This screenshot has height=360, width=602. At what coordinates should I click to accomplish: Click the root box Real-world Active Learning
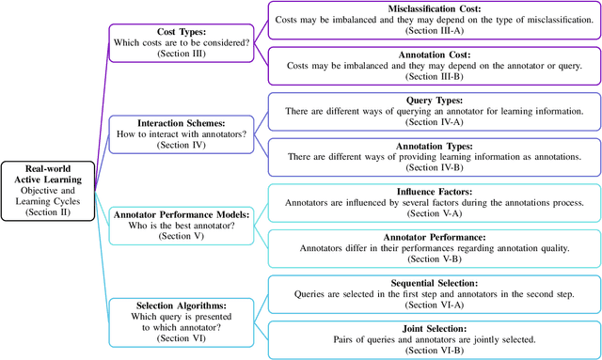[x=47, y=190]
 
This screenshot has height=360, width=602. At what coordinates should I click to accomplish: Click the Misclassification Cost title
[x=434, y=8]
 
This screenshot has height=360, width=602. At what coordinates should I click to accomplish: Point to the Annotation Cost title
[x=434, y=55]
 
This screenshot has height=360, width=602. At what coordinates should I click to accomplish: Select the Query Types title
[x=434, y=101]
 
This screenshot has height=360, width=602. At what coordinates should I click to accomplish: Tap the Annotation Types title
[x=434, y=147]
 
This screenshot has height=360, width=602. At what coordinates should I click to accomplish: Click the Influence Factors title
[x=434, y=192]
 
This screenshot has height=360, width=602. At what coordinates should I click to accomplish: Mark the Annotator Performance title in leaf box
[x=434, y=238]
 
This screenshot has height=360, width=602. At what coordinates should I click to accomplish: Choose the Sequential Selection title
[x=434, y=282]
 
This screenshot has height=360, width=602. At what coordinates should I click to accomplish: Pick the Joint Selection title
[x=434, y=328]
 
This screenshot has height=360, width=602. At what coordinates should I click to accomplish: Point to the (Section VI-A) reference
[x=434, y=305]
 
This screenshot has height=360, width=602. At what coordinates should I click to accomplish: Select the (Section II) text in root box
[x=47, y=213]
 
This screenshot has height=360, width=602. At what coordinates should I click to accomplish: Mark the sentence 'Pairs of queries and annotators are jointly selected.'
[x=434, y=339]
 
